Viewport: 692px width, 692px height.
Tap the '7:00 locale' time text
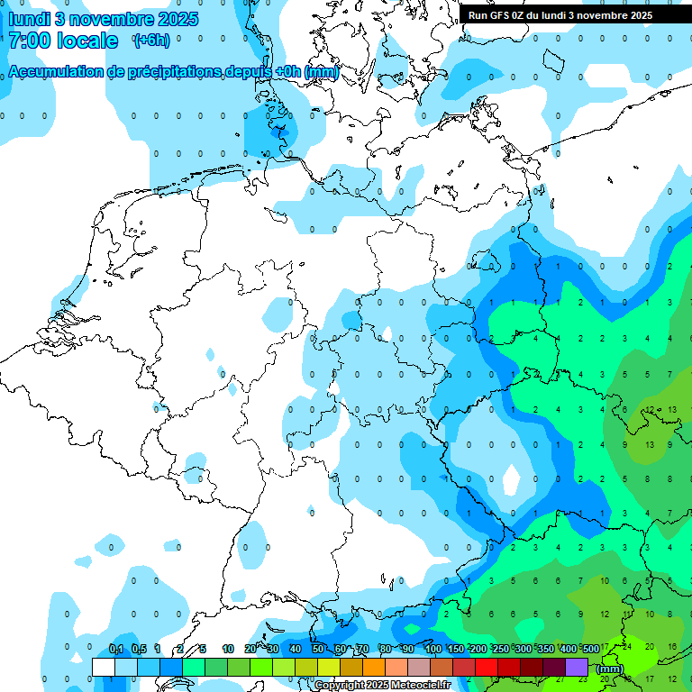[x=63, y=41]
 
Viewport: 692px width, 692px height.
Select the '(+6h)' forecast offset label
[x=151, y=41]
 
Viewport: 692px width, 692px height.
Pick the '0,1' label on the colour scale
[x=116, y=649]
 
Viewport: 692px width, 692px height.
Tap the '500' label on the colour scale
[x=590, y=649]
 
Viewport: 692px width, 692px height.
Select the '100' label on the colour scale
[x=432, y=649]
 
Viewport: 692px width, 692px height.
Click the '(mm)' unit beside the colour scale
[x=610, y=668]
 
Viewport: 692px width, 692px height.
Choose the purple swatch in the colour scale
[x=577, y=667]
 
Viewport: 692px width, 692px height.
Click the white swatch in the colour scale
[x=104, y=667]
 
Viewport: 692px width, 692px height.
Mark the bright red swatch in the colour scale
[x=487, y=667]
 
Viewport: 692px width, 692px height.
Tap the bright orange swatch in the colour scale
[x=374, y=667]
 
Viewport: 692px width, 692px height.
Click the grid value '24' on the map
[x=627, y=647]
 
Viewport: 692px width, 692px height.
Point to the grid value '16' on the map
[x=672, y=647]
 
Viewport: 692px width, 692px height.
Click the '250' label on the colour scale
[x=500, y=649]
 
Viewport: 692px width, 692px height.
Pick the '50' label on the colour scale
[x=318, y=649]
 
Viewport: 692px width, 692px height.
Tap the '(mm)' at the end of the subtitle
[x=322, y=71]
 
